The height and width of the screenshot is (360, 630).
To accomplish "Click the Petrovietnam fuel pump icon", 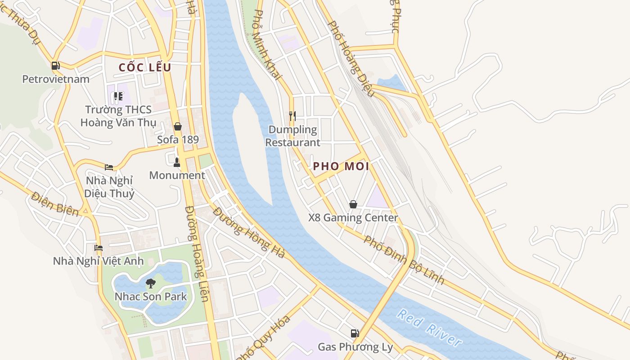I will [55, 66].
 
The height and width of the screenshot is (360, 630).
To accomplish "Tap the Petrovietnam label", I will [56, 79].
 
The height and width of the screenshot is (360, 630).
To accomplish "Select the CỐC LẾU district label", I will [145, 67].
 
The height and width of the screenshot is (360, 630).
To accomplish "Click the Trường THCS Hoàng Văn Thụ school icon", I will [118, 96].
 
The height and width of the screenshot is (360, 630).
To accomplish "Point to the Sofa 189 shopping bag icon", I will [178, 126].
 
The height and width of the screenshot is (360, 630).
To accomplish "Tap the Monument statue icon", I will [177, 162].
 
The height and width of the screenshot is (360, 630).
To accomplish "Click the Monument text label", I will [177, 175].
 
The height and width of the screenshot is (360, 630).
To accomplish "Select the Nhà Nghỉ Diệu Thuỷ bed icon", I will [109, 167].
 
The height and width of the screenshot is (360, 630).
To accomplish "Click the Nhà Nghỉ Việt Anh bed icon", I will [99, 247].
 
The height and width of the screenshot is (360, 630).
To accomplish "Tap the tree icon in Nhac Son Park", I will [151, 283].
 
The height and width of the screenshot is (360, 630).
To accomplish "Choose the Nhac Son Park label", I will [151, 297].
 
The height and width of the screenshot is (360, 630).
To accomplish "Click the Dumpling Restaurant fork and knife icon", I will [292, 116].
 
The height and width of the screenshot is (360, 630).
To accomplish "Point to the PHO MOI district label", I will [341, 166].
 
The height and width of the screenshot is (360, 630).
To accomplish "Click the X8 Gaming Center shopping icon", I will [353, 204].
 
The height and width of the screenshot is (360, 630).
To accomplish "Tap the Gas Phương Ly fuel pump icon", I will [355, 333].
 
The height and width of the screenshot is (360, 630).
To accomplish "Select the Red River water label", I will [429, 327].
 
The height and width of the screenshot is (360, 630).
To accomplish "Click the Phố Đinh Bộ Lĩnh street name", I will [404, 260].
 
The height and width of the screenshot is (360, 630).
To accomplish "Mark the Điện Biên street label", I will [54, 203].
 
